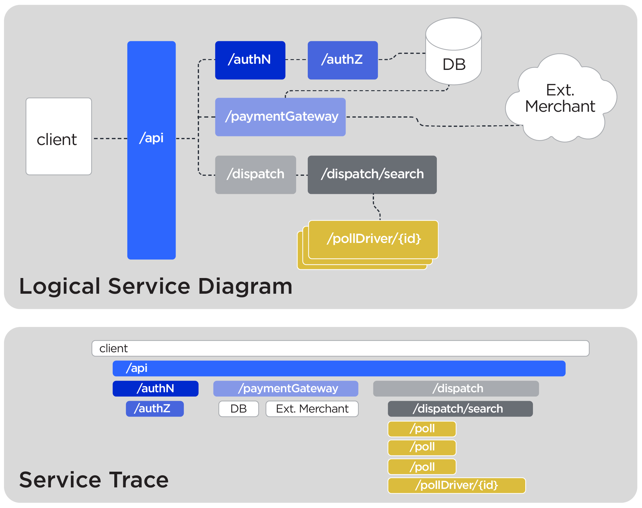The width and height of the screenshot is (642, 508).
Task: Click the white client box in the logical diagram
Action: pos(59,136)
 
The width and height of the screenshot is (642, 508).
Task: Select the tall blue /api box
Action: pos(151,150)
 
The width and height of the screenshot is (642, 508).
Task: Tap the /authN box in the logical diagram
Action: pos(250,60)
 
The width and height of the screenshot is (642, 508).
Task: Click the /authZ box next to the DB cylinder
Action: pos(342,60)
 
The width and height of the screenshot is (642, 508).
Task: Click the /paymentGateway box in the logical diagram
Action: pos(280,117)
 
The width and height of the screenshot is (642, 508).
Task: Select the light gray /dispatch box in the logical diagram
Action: pos(255,175)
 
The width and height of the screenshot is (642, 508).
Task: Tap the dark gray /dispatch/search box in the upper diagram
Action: pos(372,175)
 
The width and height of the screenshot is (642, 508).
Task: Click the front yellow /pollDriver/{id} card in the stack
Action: pos(373,239)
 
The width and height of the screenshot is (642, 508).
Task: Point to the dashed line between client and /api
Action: pos(110,139)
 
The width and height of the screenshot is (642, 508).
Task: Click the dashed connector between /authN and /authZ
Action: pos(296,59)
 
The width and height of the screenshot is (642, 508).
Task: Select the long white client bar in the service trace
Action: pos(340,348)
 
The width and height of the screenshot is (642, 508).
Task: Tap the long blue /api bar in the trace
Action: pos(339,368)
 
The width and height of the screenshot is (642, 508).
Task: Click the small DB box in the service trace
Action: pos(238,409)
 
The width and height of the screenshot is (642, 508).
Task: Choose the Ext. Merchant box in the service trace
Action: pos(312,409)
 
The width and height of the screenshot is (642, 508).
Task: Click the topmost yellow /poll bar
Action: pos(422,429)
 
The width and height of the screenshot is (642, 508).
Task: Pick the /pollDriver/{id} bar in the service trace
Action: pos(456,485)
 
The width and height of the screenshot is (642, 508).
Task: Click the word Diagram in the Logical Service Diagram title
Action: pos(245,286)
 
